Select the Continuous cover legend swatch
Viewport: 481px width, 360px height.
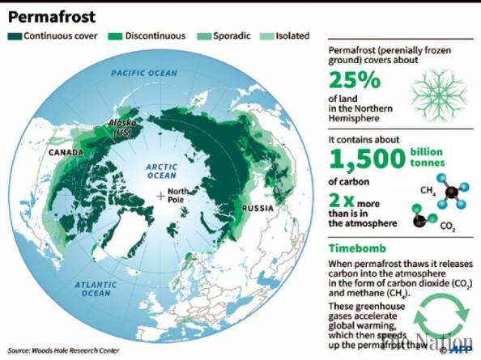15,36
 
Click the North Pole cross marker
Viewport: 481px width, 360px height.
162,196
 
